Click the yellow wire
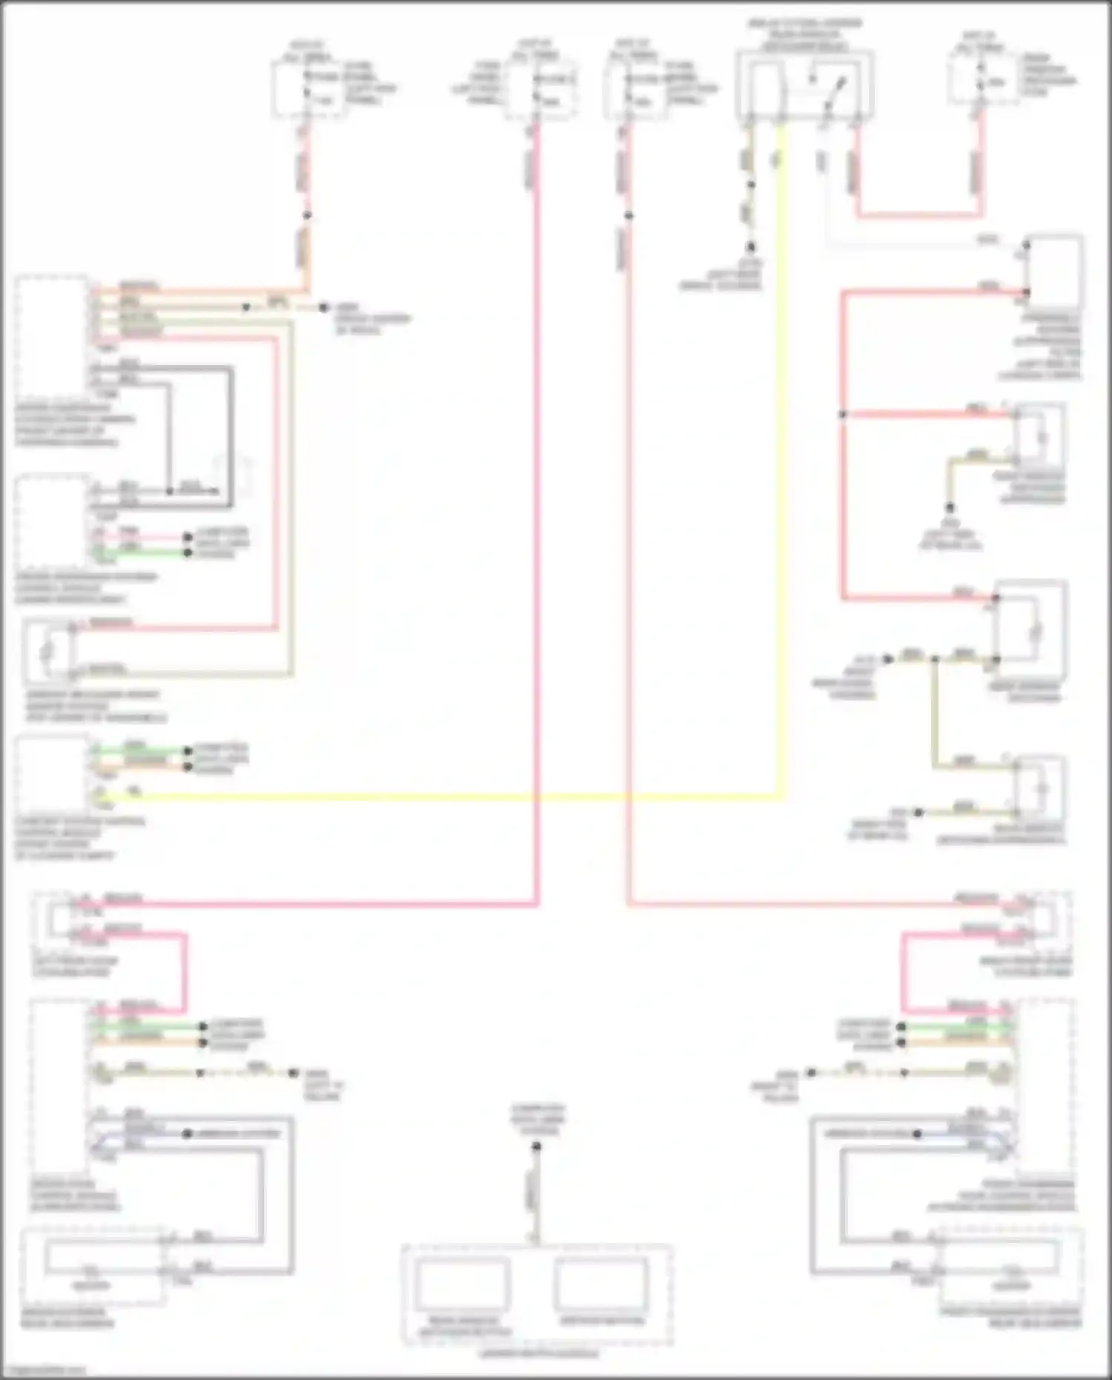(445, 799)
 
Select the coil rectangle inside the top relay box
(766, 85)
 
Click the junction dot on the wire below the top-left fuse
(307, 216)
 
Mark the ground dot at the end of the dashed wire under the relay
(751, 247)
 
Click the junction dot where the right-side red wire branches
(843, 415)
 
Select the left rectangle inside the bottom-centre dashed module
(461, 1284)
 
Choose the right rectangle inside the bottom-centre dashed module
(600, 1283)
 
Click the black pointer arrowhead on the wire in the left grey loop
(215, 492)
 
